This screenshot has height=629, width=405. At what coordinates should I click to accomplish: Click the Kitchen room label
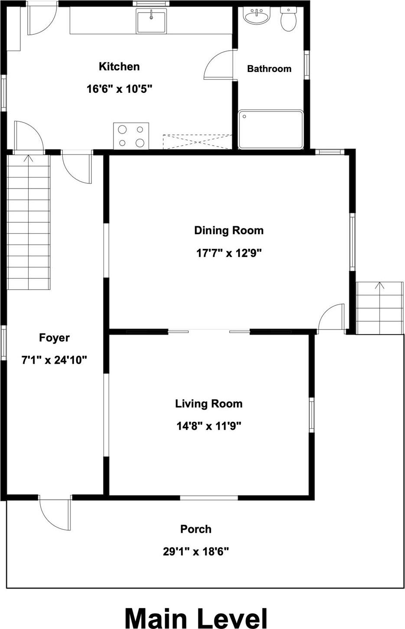pyautogui.click(x=119, y=67)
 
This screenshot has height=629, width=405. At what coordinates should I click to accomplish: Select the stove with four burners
pyautogui.click(x=131, y=136)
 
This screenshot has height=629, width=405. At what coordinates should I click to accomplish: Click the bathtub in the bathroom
pyautogui.click(x=271, y=129)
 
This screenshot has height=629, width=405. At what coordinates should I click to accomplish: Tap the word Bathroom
pyautogui.click(x=269, y=68)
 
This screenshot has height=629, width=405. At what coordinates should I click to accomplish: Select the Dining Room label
pyautogui.click(x=229, y=230)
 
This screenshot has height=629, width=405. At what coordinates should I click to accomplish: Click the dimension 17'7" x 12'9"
pyautogui.click(x=229, y=253)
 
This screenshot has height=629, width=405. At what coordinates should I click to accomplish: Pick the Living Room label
pyautogui.click(x=209, y=404)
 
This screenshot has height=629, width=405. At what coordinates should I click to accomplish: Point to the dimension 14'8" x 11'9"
pyautogui.click(x=209, y=426)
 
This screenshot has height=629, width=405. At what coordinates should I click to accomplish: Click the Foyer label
pyautogui.click(x=54, y=338)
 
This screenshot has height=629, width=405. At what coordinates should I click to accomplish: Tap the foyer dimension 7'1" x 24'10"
pyautogui.click(x=54, y=360)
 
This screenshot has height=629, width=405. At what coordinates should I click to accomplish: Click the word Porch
pyautogui.click(x=196, y=529)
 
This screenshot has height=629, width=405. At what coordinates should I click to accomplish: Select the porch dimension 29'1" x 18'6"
pyautogui.click(x=196, y=551)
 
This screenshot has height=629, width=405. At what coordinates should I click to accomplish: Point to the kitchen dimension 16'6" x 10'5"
pyautogui.click(x=119, y=89)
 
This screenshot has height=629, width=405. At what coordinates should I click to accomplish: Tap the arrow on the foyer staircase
pyautogui.click(x=29, y=159)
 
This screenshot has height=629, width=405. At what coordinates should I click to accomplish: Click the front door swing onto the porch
pyautogui.click(x=55, y=514)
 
